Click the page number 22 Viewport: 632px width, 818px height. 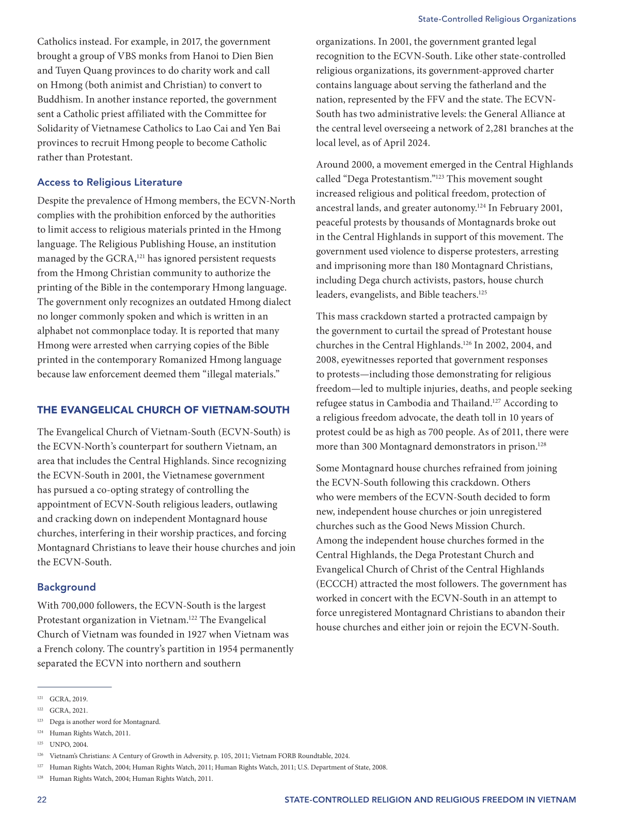[x=42, y=800]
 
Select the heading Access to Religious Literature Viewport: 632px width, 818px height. [x=109, y=182]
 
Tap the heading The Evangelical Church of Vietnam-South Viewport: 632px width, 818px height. [x=163, y=410]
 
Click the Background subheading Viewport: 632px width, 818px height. [x=67, y=587]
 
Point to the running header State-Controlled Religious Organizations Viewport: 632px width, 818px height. [x=497, y=19]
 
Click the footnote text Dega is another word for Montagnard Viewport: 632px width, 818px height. [x=105, y=722]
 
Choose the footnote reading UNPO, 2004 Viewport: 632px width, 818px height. [x=69, y=745]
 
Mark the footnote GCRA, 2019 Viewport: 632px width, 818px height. [x=69, y=699]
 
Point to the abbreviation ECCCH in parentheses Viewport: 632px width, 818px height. [x=335, y=584]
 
